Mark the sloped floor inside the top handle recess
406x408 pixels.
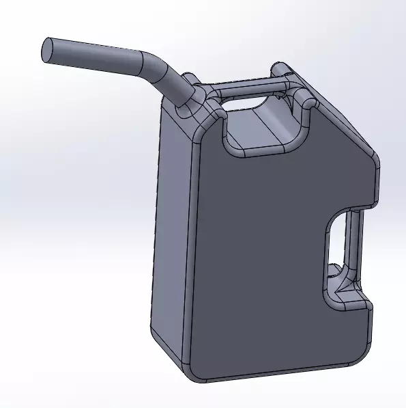point(259,130)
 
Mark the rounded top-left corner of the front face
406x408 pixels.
point(204,130)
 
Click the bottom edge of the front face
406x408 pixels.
point(273,376)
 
